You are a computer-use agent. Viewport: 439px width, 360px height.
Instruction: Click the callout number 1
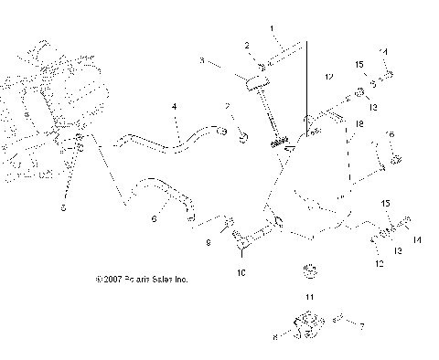pyautogui.click(x=272, y=28)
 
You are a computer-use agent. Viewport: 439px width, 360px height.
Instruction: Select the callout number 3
pyautogui.click(x=202, y=61)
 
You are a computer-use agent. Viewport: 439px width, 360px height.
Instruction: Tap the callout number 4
pyautogui.click(x=172, y=109)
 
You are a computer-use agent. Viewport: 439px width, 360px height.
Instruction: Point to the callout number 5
pyautogui.click(x=62, y=207)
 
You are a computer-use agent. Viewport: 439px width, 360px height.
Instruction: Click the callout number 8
pyautogui.click(x=274, y=337)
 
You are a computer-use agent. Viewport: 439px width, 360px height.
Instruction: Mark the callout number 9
pyautogui.click(x=208, y=243)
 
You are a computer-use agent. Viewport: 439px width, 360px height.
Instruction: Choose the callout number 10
pyautogui.click(x=242, y=271)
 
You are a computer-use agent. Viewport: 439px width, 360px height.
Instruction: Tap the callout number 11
pyautogui.click(x=308, y=299)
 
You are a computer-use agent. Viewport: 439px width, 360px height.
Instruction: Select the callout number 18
pyautogui.click(x=359, y=123)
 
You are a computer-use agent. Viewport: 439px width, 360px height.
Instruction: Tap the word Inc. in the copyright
pyautogui.click(x=180, y=280)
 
